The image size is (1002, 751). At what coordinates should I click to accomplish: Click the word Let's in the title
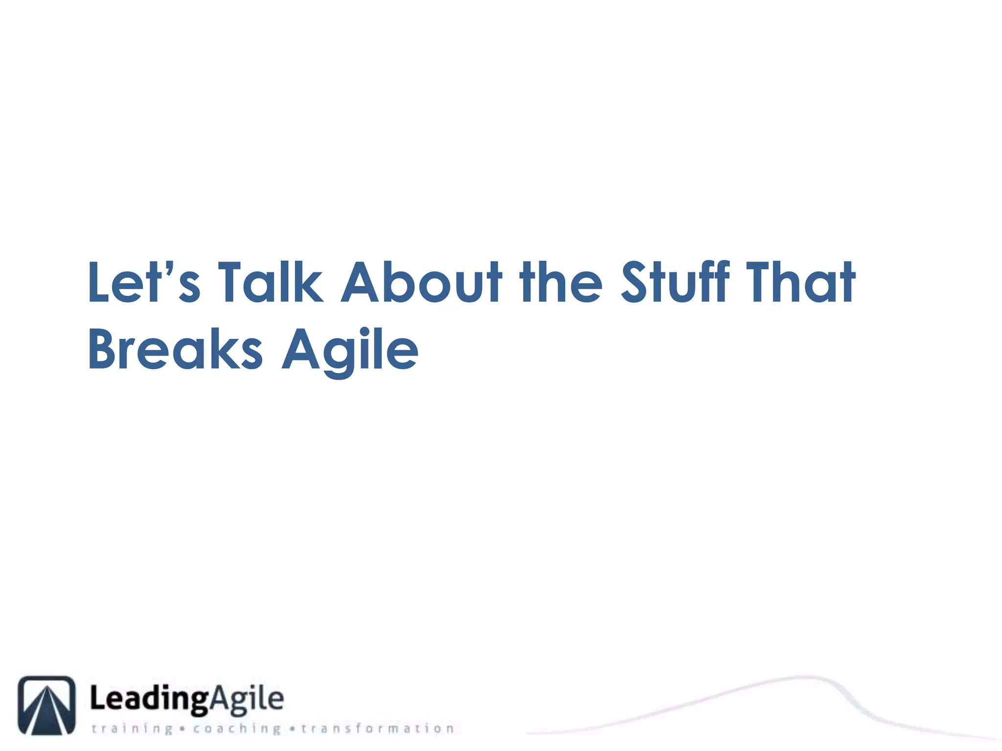click(x=144, y=283)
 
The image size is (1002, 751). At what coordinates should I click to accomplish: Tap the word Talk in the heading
click(x=270, y=283)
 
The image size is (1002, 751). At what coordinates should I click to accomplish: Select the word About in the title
click(x=421, y=283)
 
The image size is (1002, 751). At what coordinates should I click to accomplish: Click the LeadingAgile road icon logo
click(x=47, y=705)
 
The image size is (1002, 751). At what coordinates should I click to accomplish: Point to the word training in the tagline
click(x=132, y=729)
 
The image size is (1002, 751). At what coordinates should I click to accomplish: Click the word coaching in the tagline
click(x=237, y=729)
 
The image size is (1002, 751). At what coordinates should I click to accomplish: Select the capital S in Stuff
click(x=638, y=283)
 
